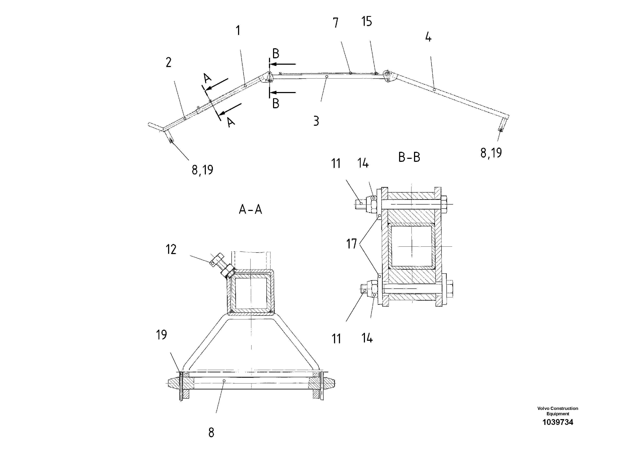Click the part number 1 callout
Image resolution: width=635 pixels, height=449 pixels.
pyautogui.click(x=238, y=31)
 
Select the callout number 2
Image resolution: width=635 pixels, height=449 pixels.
pyautogui.click(x=169, y=63)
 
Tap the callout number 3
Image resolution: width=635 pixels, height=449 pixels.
pyautogui.click(x=316, y=121)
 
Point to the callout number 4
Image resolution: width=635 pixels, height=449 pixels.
pyautogui.click(x=428, y=37)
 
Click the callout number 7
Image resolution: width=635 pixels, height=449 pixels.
pyautogui.click(x=336, y=23)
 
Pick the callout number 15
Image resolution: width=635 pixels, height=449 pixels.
pyautogui.click(x=367, y=21)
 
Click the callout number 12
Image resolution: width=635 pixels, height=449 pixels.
pyautogui.click(x=171, y=249)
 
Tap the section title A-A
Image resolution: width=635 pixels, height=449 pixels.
pyautogui.click(x=250, y=209)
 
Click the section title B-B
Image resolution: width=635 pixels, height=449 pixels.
pyautogui.click(x=409, y=157)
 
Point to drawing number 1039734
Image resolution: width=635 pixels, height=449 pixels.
pyautogui.click(x=558, y=422)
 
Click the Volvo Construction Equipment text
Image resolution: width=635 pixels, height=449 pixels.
pyautogui.click(x=558, y=411)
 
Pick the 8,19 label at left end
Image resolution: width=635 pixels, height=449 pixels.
pyautogui.click(x=202, y=170)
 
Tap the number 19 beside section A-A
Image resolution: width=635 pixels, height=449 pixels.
pyautogui.click(x=161, y=335)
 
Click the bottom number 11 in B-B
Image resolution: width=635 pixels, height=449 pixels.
pyautogui.click(x=336, y=339)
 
